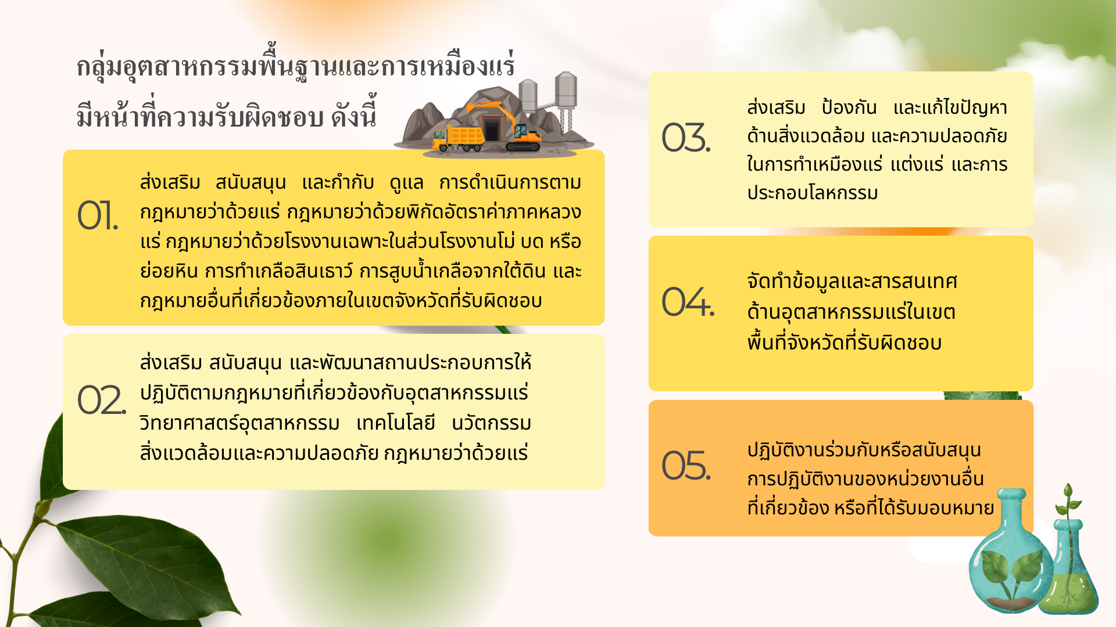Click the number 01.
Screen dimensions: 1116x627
[x=98, y=215]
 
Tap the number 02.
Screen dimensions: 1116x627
[x=102, y=400]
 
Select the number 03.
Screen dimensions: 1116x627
[x=686, y=138]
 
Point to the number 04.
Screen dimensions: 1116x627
[x=688, y=301]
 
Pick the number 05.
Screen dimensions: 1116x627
[x=686, y=465]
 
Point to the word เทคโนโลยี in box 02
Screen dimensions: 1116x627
[x=396, y=423]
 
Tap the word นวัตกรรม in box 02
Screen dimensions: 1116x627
[x=491, y=423]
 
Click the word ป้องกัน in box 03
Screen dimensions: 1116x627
[x=849, y=107]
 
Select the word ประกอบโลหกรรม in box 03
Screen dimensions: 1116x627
[x=813, y=193]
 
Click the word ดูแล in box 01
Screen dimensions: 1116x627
[x=406, y=183]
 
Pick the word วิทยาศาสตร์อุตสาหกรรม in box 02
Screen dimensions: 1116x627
[x=239, y=423]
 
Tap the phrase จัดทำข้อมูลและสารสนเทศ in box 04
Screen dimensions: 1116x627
[x=852, y=282]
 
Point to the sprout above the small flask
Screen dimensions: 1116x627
[x=1068, y=502]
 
